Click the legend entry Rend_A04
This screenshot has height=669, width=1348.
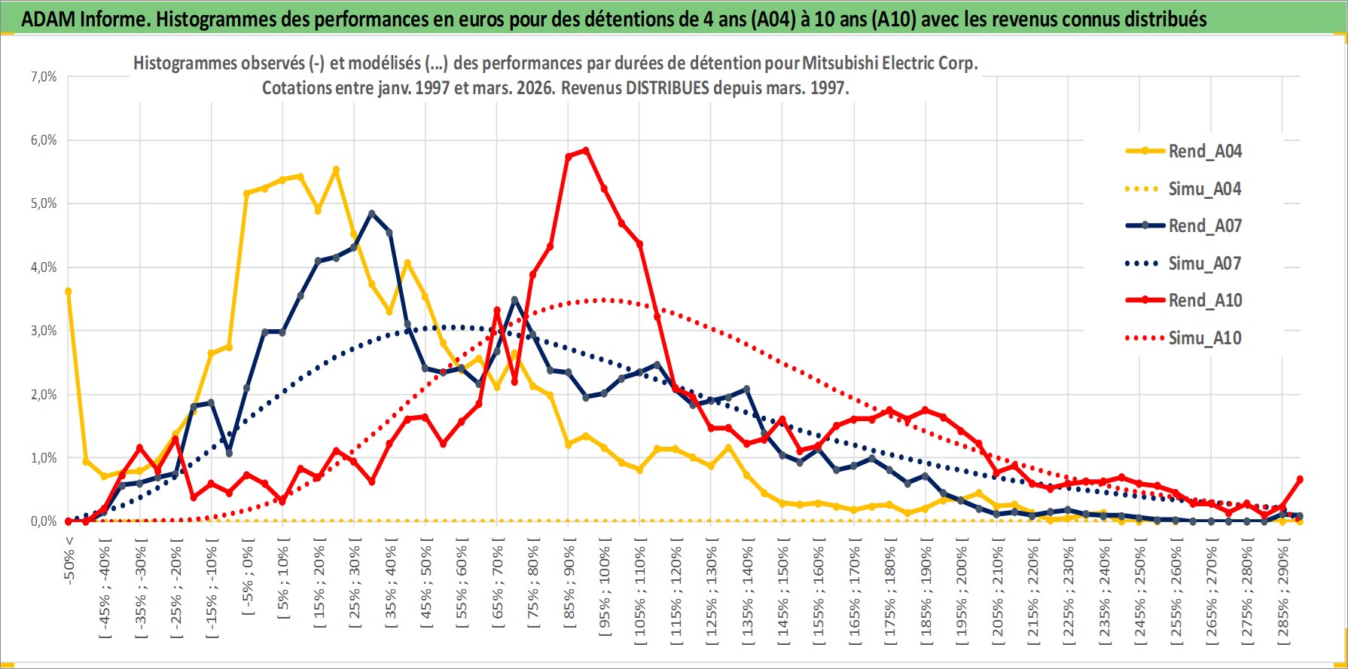click(x=1204, y=151)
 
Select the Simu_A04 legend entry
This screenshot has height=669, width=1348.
click(x=1204, y=189)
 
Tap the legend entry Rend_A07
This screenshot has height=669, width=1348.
click(x=1204, y=226)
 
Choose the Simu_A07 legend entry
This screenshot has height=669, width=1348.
click(x=1204, y=264)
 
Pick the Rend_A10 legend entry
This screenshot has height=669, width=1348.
click(x=1204, y=301)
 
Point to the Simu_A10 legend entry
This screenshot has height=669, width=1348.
click(x=1204, y=338)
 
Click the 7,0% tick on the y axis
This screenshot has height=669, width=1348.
click(x=44, y=77)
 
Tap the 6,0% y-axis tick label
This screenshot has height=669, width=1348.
click(x=44, y=140)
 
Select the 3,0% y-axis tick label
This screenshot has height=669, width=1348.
click(x=44, y=331)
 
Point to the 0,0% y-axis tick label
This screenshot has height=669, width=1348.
click(x=44, y=521)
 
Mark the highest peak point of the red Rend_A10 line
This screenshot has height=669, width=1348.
click(x=586, y=151)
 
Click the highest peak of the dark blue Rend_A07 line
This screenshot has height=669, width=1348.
click(x=371, y=213)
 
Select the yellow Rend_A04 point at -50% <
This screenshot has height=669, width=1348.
click(x=69, y=291)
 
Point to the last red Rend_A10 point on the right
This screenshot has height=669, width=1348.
click(x=1300, y=479)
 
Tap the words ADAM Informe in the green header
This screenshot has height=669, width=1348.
click(x=83, y=19)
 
